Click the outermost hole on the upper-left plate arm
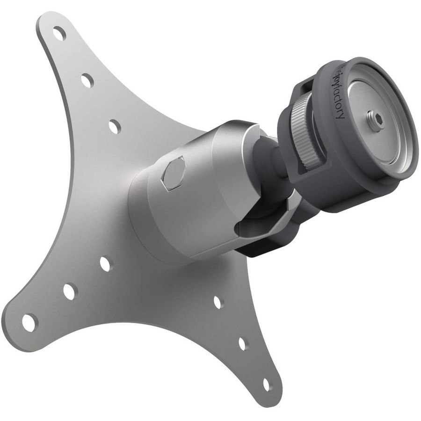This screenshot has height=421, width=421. coord(59,34)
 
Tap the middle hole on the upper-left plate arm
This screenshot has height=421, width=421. coord(87,80)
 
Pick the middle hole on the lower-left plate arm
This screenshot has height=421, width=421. coord(69,291)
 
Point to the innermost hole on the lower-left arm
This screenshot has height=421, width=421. coord(105,264)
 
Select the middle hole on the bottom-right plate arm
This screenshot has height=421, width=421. coord(242,343)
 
